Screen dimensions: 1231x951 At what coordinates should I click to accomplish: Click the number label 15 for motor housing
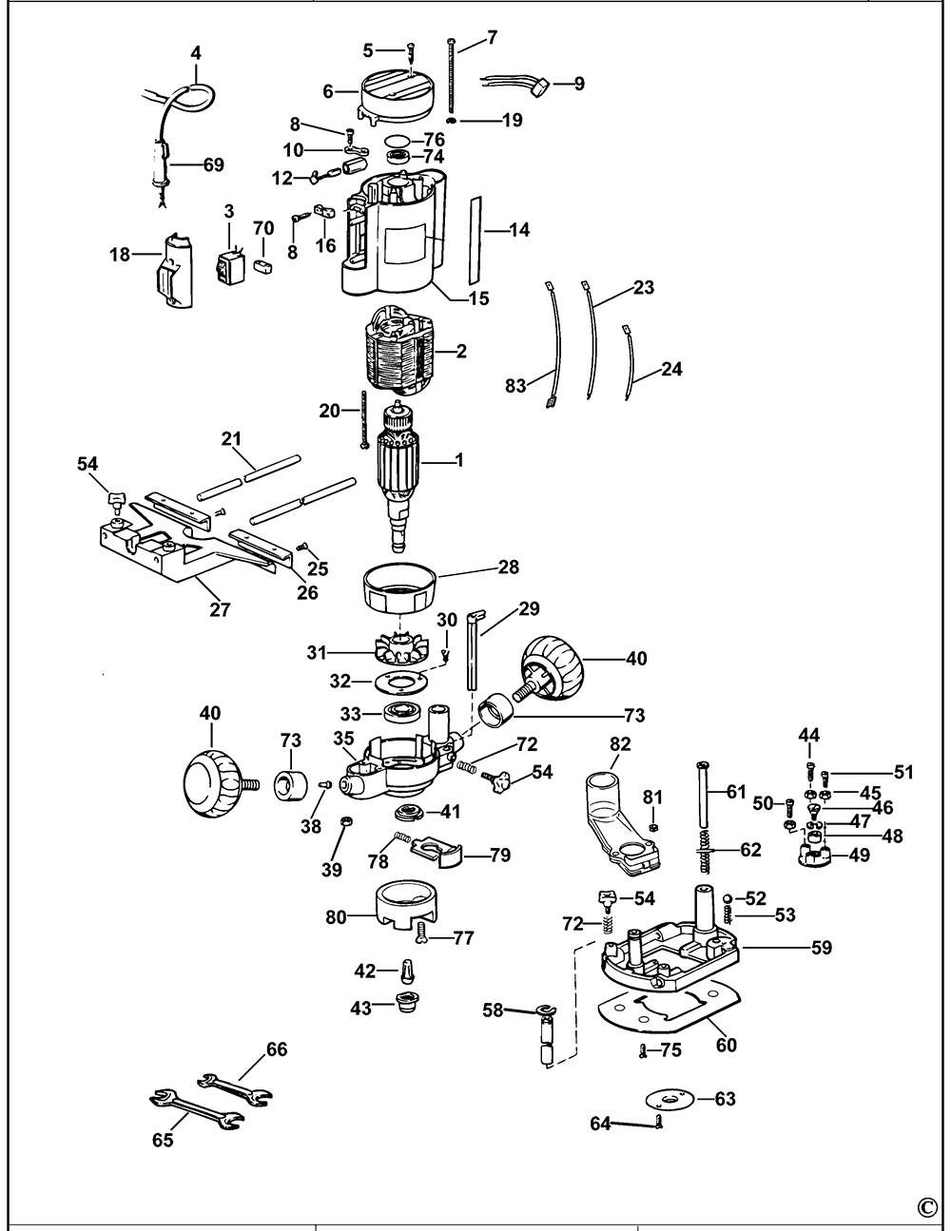tap(478, 298)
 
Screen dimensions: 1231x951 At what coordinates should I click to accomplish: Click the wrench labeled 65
tap(194, 1110)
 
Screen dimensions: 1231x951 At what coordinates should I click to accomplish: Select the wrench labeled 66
tap(233, 1087)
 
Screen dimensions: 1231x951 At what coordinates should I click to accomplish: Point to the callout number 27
tap(220, 609)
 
